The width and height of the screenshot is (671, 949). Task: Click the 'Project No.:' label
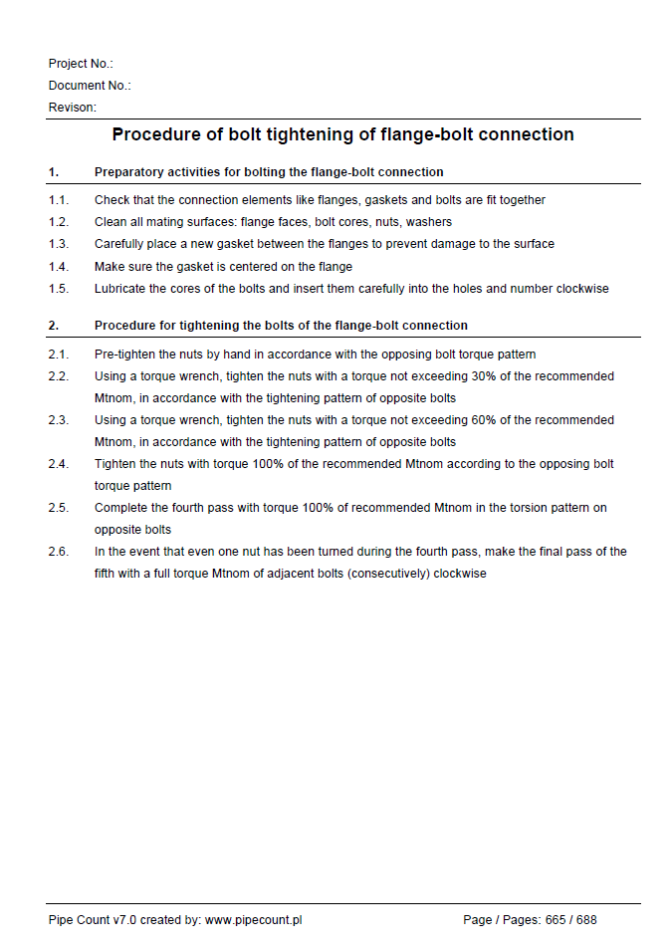[81, 64]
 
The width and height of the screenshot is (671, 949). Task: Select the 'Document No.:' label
[90, 86]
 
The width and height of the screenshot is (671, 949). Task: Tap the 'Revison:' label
[73, 108]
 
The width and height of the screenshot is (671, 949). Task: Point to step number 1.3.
[58, 244]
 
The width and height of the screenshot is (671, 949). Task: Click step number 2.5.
[58, 508]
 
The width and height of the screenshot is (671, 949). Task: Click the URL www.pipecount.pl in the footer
[253, 920]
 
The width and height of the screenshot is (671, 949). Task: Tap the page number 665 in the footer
[556, 920]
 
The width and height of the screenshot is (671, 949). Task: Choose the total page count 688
[586, 920]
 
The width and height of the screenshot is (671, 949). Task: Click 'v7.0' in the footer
[124, 920]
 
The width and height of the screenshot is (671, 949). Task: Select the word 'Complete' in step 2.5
[120, 508]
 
